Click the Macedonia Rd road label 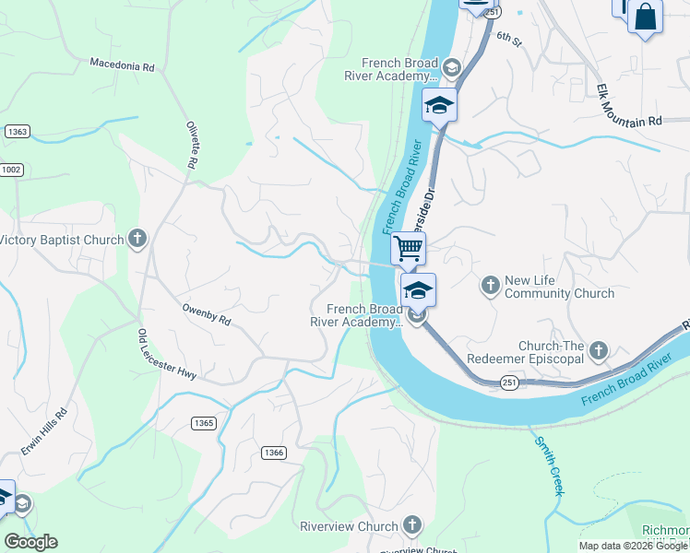121,65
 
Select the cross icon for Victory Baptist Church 137,240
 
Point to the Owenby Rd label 206,315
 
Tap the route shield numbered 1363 17,132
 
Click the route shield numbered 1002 11,170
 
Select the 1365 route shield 204,423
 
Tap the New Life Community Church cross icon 491,285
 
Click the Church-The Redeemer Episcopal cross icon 599,349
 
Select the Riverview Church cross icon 411,526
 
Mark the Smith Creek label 548,465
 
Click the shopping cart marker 408,247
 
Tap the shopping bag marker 645,16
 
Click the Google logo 30,542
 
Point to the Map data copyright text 633,546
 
